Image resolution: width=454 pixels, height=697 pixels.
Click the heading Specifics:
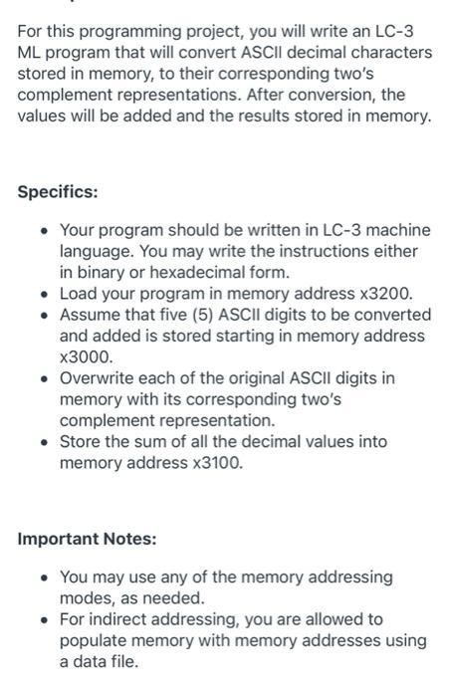(x=58, y=190)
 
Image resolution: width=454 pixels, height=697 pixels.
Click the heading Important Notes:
(x=87, y=539)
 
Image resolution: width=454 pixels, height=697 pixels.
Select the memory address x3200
(x=383, y=293)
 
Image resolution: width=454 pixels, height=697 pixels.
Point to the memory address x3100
(x=215, y=463)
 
